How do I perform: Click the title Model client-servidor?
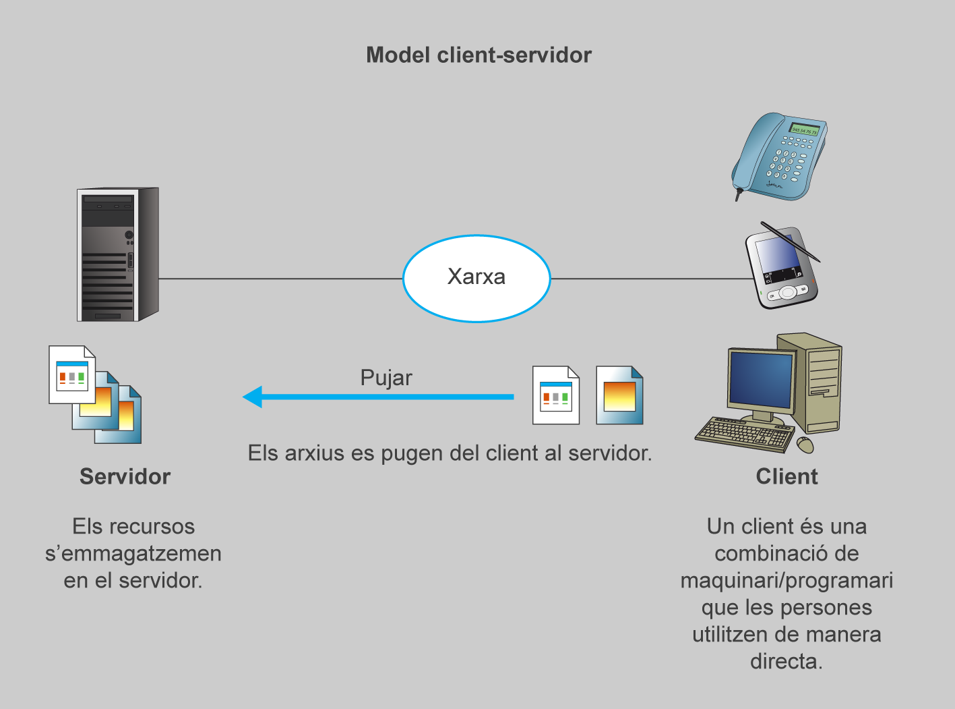479,55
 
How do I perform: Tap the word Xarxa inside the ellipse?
476,277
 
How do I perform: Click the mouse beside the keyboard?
805,445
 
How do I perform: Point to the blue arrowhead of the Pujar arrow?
253,397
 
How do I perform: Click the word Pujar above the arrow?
386,378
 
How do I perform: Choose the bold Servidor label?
125,477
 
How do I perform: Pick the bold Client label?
787,477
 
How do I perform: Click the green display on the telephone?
805,130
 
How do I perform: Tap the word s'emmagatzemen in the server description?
133,554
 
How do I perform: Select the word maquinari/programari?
787,581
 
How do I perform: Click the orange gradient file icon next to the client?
619,395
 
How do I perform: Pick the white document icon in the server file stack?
71,374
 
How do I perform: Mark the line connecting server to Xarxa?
280,279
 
